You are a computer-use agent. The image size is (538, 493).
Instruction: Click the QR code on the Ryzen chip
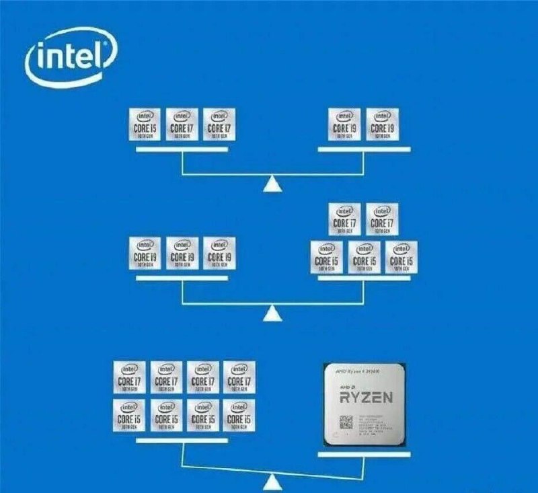pos(346,423)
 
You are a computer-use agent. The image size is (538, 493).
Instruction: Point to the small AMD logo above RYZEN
pos(349,387)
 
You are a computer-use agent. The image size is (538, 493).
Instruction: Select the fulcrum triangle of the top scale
pos(272,184)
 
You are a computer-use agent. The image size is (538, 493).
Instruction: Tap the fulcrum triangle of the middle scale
pos(272,313)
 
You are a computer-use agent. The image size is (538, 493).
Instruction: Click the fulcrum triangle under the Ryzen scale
pos(272,482)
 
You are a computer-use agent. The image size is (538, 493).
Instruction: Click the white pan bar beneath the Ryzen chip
pos(364,455)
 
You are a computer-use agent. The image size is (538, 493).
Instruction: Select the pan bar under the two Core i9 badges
pos(364,149)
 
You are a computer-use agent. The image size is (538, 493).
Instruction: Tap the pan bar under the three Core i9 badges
pos(182,279)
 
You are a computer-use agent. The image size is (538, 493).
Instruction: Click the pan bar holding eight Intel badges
pos(182,441)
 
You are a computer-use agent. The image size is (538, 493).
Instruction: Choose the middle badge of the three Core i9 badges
pos(182,254)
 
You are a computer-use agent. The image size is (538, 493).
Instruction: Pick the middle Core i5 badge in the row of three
pos(364,257)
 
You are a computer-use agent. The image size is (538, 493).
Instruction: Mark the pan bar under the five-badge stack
pos(364,279)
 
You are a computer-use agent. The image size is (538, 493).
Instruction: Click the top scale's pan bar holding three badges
pos(182,149)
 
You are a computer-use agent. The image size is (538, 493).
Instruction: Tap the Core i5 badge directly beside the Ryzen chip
pos(239,416)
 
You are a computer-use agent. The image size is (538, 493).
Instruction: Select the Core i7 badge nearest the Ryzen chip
pos(239,377)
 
